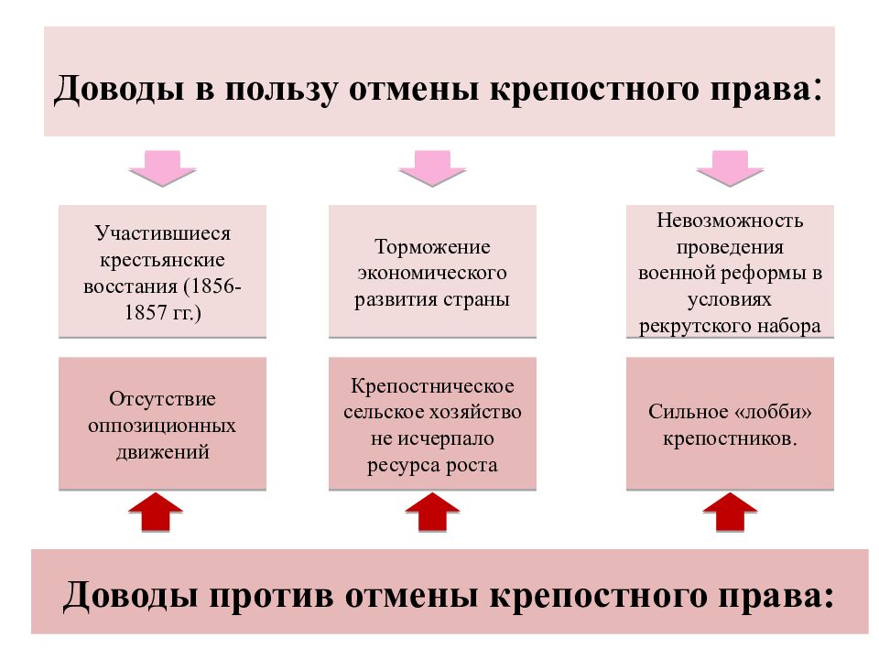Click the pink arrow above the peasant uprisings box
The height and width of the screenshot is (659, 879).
pos(163,168)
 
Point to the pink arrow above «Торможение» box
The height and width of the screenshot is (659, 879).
pos(432,168)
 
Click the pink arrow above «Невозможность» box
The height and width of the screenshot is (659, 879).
pos(730,168)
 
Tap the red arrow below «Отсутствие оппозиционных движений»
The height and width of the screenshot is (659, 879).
pos(156,512)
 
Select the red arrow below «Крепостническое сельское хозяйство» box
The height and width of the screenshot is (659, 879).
pos(432,512)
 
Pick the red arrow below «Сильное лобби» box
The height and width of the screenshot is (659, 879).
pos(730,512)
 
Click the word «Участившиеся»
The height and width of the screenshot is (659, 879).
pos(163,233)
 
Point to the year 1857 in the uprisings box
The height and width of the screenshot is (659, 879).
pos(145,312)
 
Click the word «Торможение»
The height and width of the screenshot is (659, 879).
pos(432,246)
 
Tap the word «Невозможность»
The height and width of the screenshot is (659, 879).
pos(730,221)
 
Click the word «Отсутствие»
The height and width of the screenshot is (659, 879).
pos(163,399)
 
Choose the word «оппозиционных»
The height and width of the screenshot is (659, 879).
pos(162,426)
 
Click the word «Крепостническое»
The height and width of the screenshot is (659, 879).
pos(432,386)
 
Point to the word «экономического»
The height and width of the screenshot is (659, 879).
pos(432,273)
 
